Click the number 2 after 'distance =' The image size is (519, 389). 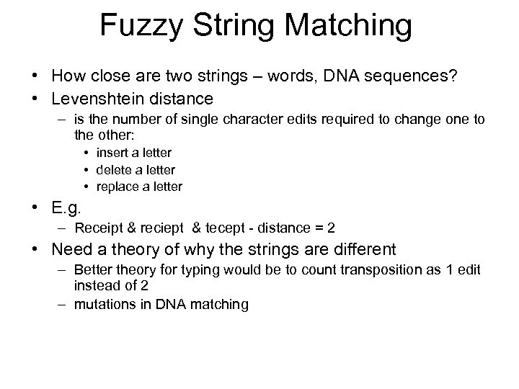coord(331,229)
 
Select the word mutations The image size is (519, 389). coord(100,304)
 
